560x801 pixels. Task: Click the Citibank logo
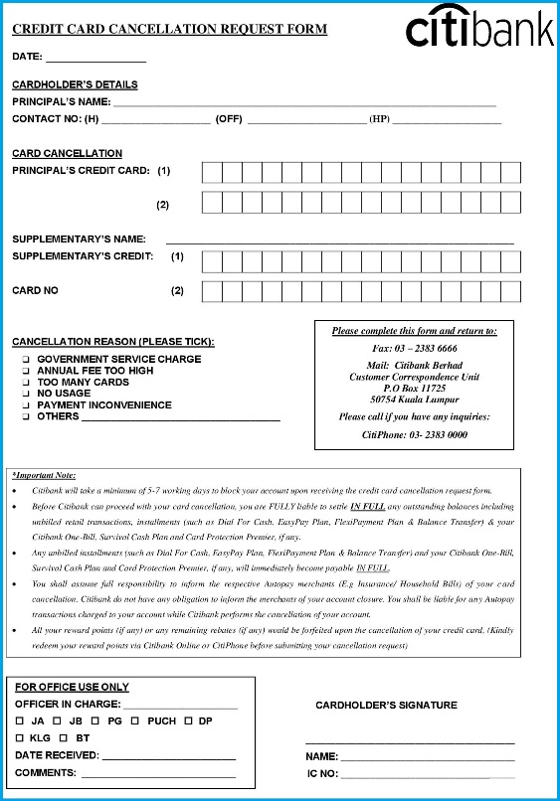pos(478,30)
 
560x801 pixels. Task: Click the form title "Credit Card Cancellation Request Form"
pos(169,30)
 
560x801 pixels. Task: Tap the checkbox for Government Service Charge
pos(27,360)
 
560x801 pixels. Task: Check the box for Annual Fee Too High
pos(27,371)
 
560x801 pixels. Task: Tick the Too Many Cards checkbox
pos(27,383)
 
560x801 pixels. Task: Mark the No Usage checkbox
pos(27,394)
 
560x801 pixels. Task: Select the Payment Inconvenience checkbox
pos(27,405)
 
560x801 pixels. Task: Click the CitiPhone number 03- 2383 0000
pos(415,435)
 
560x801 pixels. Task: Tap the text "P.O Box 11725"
pos(414,389)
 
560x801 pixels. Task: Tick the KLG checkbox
pos(20,738)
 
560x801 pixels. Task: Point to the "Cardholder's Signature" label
pos(386,706)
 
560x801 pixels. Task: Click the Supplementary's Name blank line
pos(339,242)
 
